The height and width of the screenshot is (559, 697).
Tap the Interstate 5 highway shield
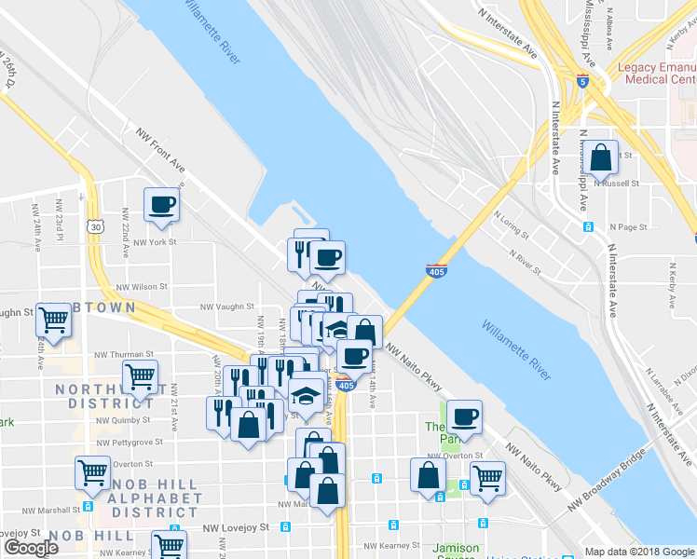[581, 81]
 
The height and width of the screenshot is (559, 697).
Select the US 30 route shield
[95, 225]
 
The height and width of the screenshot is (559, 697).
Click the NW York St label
[155, 242]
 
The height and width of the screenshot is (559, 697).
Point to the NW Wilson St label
[142, 288]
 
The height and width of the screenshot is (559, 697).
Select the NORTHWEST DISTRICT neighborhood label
[102, 397]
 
